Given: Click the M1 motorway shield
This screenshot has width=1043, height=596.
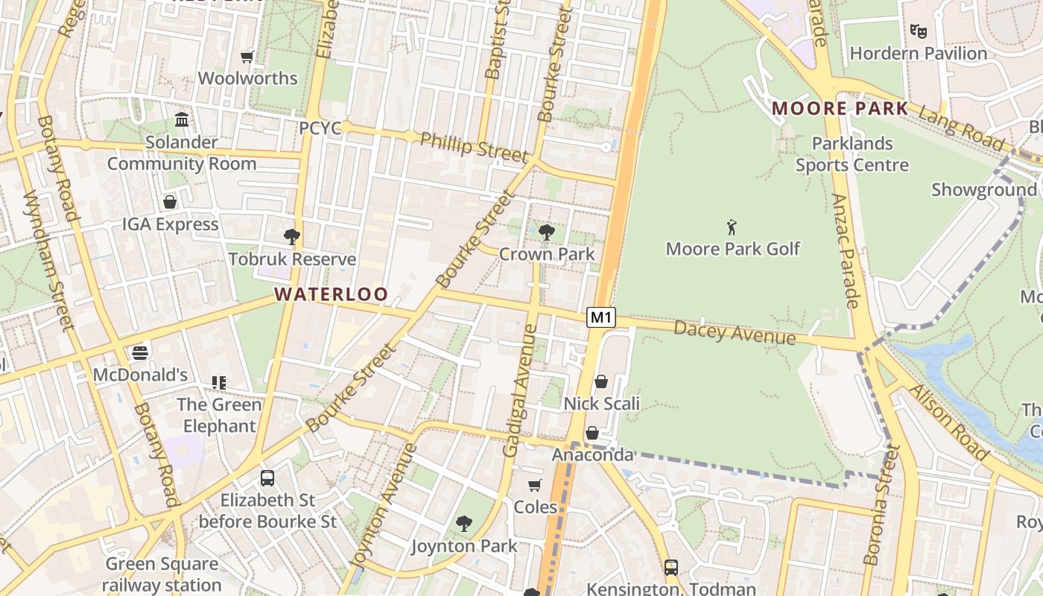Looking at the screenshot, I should coord(601,317).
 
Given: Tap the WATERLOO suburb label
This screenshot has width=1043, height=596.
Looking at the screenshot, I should coord(332,294).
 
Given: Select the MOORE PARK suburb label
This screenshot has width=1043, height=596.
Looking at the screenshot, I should coord(840,109).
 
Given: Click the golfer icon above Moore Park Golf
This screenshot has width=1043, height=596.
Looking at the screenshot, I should coord(732,227).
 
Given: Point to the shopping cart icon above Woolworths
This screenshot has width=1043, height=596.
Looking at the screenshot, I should coord(247,57).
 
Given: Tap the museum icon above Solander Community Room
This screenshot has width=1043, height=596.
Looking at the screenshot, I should coord(182,120).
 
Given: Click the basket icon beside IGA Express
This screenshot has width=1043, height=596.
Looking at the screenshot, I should coord(170,202).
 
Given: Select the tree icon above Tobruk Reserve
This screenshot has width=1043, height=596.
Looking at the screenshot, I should coord(292,237).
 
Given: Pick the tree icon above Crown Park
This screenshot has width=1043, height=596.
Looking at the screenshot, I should coord(546,232).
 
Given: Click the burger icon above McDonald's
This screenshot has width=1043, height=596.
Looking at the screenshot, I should coord(140,352).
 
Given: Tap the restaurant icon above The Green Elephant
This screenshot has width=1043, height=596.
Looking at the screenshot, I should coord(219,383).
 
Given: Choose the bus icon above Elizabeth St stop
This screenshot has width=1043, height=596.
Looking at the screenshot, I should coord(267,478).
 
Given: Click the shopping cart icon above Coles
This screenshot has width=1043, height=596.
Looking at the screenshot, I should coord(535,486).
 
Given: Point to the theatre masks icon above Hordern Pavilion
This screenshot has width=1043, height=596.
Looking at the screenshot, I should coord(918,31).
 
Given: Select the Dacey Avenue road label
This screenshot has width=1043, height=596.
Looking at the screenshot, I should coord(735,333).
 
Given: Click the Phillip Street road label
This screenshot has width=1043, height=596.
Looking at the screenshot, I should coord(474,147).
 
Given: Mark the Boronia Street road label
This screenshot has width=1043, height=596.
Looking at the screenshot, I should coord(882,504).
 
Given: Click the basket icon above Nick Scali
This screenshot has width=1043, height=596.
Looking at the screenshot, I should coord(601,381).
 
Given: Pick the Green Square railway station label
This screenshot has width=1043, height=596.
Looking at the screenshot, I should coord(162,574).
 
